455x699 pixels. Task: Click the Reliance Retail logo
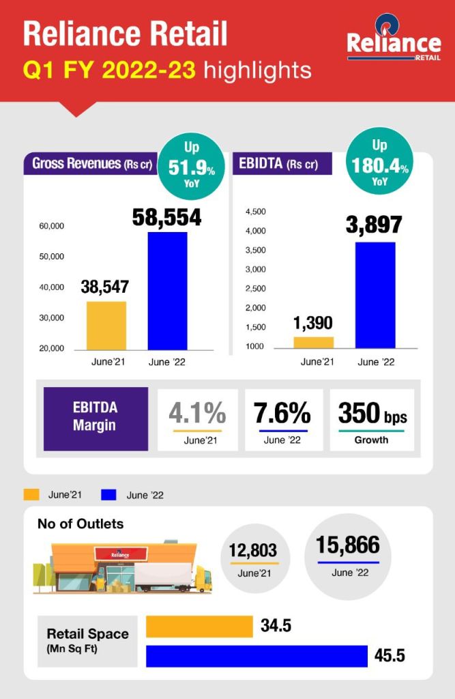[393, 44]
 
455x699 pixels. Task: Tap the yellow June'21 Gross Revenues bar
[106, 326]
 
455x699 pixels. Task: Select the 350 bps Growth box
[371, 419]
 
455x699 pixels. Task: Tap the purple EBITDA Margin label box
[96, 418]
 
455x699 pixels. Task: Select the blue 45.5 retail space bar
[257, 656]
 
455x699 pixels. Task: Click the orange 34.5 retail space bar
[199, 626]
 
